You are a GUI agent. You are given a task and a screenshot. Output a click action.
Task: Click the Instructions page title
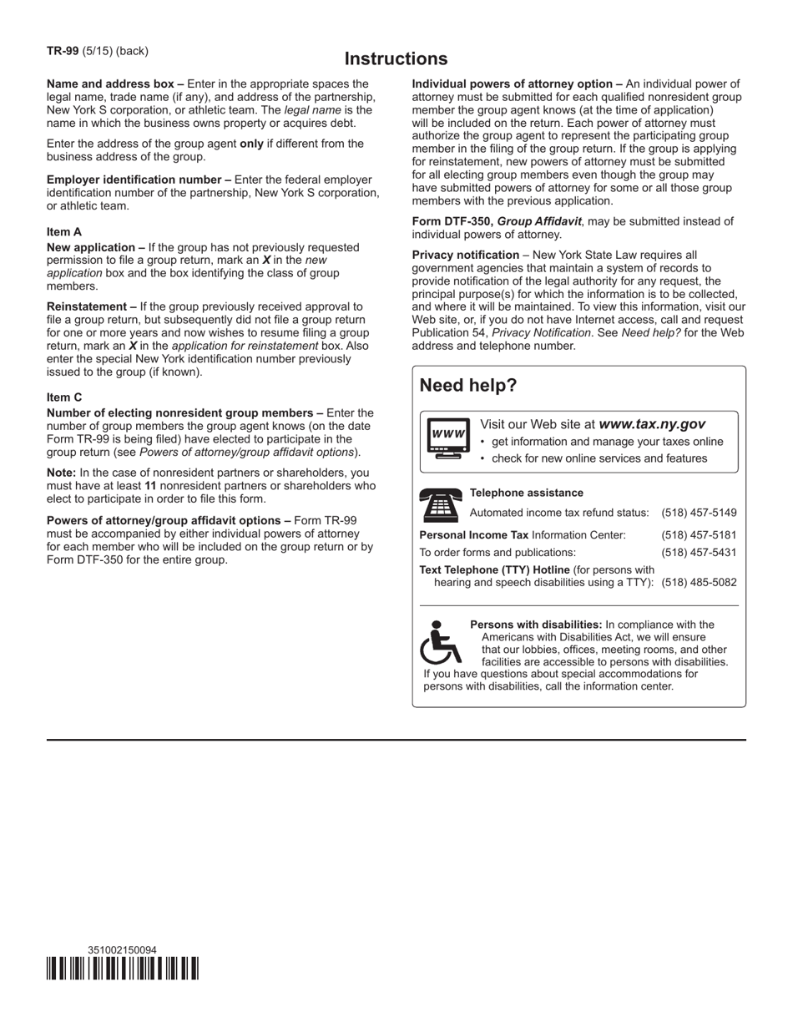396,59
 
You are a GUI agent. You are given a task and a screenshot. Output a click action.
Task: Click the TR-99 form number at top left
63,51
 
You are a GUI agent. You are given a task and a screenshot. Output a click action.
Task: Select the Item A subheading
64,232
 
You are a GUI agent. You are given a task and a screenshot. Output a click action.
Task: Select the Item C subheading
64,397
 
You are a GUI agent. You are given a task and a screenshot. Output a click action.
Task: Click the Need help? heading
467,386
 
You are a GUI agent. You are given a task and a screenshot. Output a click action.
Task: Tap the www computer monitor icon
447,437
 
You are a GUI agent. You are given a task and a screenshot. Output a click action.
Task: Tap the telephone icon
440,505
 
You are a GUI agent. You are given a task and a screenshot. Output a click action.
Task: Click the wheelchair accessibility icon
440,641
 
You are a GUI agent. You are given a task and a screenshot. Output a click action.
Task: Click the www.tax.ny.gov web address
652,424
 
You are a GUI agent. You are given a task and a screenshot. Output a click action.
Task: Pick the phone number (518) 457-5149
699,513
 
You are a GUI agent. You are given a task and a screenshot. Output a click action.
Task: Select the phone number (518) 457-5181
699,535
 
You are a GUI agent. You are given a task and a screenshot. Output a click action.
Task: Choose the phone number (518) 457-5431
699,553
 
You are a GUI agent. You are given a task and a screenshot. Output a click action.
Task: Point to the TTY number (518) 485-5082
699,583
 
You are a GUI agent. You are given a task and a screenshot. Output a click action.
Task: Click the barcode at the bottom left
123,969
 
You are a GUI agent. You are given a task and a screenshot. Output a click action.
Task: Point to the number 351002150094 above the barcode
122,950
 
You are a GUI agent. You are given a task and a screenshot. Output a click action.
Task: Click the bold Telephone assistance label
527,493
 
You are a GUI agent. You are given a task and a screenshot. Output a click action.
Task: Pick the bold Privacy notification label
465,255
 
